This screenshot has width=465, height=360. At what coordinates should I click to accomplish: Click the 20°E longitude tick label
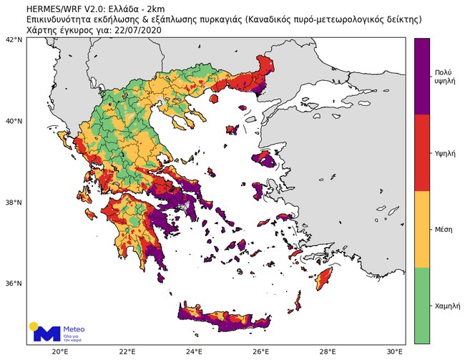[60, 351]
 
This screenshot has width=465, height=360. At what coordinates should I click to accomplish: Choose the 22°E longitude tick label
[127, 351]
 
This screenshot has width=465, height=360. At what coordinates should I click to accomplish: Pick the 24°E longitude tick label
[194, 351]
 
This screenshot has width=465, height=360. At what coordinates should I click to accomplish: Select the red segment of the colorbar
[421, 153]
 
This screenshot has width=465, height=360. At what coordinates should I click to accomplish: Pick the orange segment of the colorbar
[421, 229]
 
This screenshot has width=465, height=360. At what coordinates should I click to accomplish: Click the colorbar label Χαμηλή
[447, 306]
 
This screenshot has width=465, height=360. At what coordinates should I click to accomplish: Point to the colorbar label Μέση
[444, 230]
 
